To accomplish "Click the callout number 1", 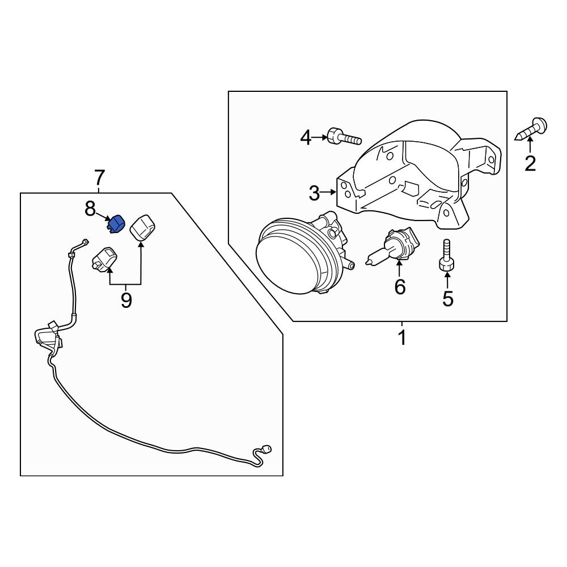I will [x=401, y=338].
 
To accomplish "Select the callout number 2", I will [x=530, y=163].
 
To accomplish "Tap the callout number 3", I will [x=315, y=193].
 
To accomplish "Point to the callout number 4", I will [x=306, y=137].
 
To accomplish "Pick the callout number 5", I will [x=448, y=298].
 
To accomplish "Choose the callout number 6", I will [x=400, y=287].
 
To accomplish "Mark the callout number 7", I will [x=99, y=178].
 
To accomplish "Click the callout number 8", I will [x=90, y=209].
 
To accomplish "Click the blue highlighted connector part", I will [x=116, y=225].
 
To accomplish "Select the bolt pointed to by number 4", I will [x=343, y=137].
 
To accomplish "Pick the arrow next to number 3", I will [x=329, y=193].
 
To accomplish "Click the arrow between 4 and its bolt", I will [x=319, y=137].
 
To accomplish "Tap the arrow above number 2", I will [x=530, y=146].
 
